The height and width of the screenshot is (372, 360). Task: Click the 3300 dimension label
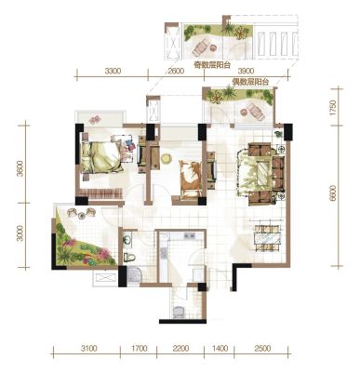click(x=113, y=71)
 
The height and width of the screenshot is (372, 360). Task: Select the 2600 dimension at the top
click(x=176, y=71)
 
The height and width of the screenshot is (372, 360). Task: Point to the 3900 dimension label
click(x=247, y=71)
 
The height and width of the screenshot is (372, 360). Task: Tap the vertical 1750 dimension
click(x=333, y=108)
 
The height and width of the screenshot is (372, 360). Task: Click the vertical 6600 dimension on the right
click(x=333, y=193)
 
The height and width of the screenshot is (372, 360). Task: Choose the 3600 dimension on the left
click(x=20, y=168)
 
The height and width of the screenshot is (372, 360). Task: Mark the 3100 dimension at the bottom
click(x=88, y=348)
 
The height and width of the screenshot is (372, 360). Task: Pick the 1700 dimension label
click(x=140, y=348)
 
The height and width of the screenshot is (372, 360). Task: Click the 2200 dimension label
click(x=180, y=348)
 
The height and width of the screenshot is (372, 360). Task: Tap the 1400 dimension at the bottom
click(x=220, y=348)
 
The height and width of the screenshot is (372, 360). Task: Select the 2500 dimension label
click(x=262, y=348)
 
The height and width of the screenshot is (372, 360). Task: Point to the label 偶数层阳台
click(x=250, y=82)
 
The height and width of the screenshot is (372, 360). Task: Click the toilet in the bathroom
click(x=128, y=257)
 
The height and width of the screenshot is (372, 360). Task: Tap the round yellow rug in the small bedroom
click(x=167, y=159)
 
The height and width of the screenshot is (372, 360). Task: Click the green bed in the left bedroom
click(x=100, y=156)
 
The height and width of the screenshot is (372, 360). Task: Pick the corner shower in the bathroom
click(x=135, y=275)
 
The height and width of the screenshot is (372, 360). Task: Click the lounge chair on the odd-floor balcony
click(x=201, y=46)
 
